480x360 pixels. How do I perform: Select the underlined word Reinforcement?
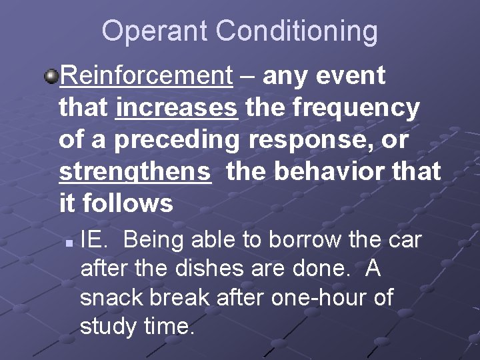[x=145, y=76]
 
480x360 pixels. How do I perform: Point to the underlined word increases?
[x=177, y=107]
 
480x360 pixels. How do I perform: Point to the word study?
[x=106, y=327]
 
